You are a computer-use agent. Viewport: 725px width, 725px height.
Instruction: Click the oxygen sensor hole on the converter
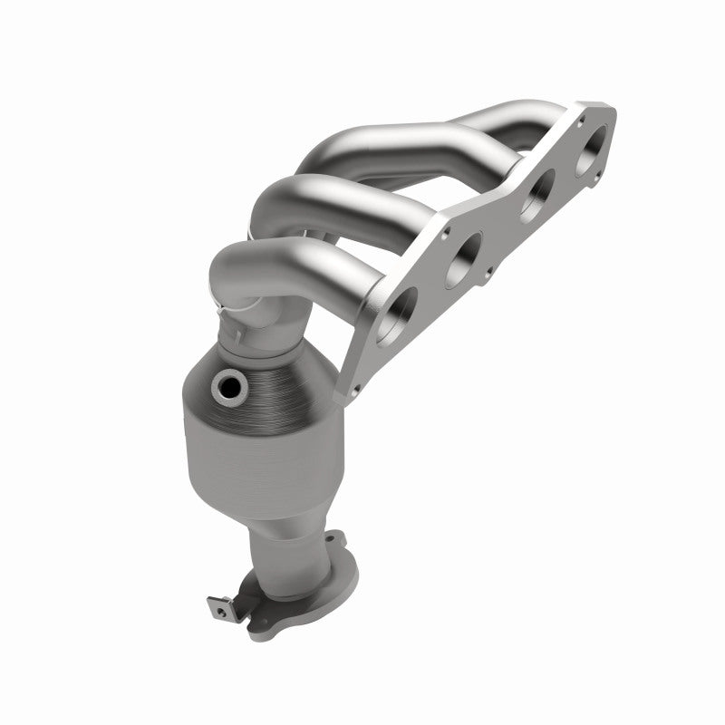tap(227, 389)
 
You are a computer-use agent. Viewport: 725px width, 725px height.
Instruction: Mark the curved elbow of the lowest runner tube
tap(236, 263)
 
